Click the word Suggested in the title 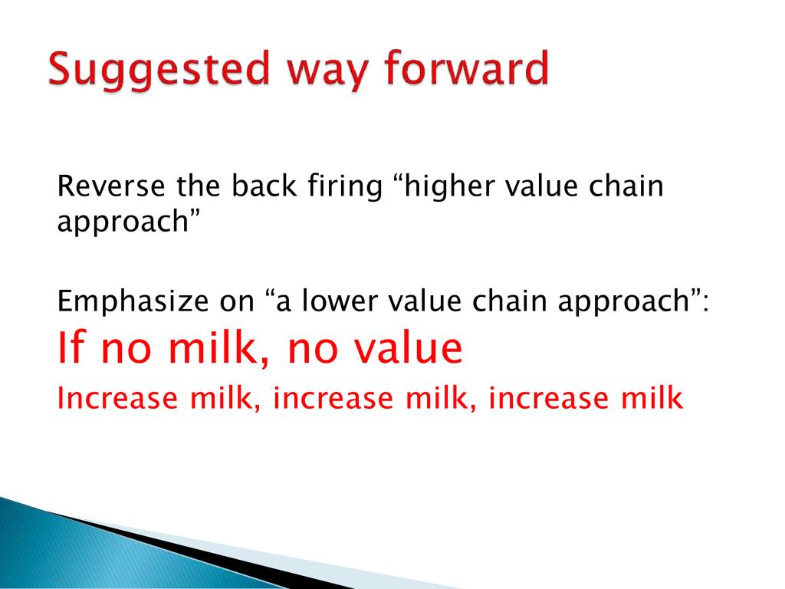point(159,70)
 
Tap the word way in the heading point(327,74)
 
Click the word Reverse point(110,186)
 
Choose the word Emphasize point(133,302)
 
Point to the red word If point(69,347)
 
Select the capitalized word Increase point(117,398)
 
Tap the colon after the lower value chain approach point(705,303)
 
